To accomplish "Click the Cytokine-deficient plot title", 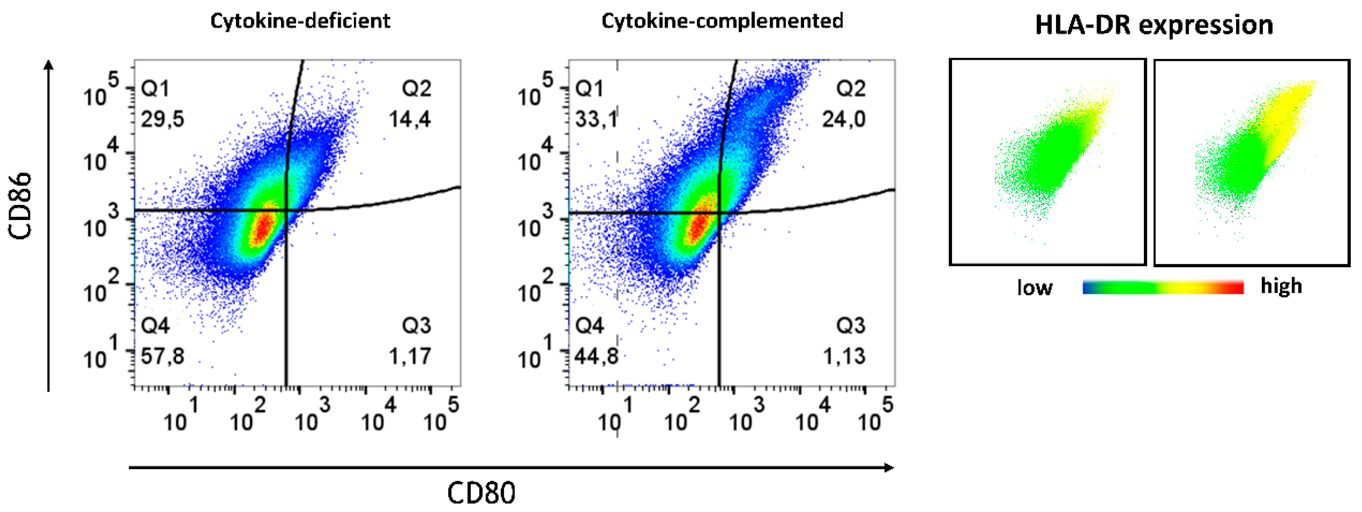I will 300,21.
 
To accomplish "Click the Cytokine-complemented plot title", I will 722,21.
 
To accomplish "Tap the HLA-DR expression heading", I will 1154,25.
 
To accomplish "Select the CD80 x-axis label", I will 481,493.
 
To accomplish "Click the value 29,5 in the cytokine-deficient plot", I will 162,119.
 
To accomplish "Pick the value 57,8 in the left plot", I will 162,356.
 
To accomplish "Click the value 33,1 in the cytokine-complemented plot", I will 596,119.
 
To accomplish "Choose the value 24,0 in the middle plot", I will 843,119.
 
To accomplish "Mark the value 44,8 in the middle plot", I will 596,356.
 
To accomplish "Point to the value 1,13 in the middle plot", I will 844,356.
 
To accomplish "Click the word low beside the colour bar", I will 1035,288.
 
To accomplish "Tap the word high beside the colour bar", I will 1281,285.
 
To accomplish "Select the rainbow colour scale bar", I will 1163,287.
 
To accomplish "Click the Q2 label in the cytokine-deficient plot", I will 416,88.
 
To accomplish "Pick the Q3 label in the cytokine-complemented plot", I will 850,325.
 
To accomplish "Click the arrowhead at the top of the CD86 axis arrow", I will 49,65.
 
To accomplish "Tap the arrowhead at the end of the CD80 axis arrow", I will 889,468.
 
